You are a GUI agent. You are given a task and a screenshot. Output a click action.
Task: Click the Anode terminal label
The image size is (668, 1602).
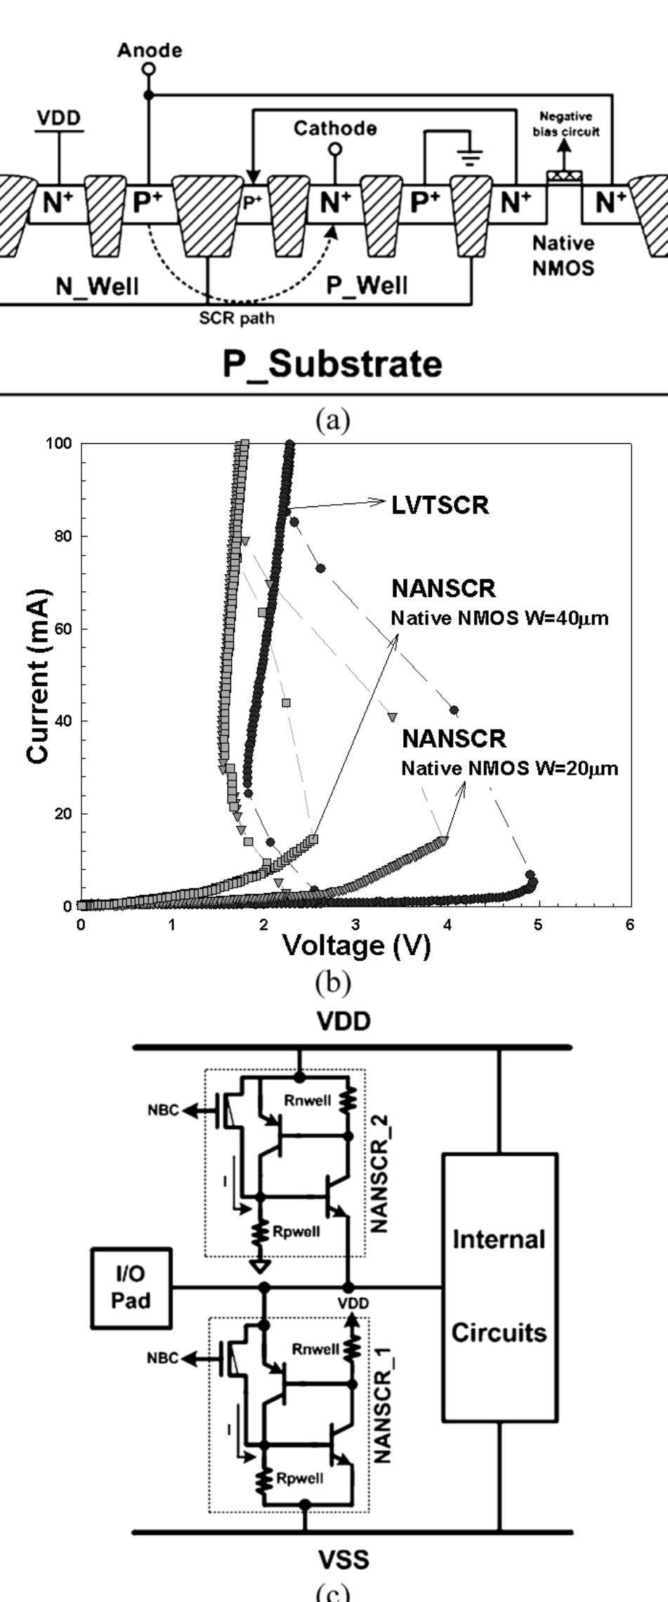(149, 51)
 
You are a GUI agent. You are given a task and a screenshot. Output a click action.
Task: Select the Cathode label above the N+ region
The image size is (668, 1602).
(335, 129)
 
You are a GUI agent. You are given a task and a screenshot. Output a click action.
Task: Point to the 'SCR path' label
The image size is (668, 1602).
(237, 318)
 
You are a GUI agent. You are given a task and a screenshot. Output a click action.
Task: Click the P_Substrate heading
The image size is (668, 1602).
(332, 364)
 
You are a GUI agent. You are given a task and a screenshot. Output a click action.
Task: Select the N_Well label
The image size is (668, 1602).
(98, 287)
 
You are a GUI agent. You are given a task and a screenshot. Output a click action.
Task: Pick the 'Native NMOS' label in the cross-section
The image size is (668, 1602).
(563, 255)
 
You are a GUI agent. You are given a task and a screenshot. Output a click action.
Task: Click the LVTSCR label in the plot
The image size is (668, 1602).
(440, 505)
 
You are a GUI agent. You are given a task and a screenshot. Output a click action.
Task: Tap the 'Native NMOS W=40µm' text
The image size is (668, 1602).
(499, 619)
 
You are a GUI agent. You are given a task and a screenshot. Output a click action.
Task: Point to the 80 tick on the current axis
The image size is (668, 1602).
(63, 536)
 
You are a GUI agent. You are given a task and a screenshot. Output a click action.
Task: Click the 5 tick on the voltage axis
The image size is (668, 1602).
(538, 925)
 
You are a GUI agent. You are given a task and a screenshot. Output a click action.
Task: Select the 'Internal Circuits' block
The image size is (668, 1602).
(499, 1286)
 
